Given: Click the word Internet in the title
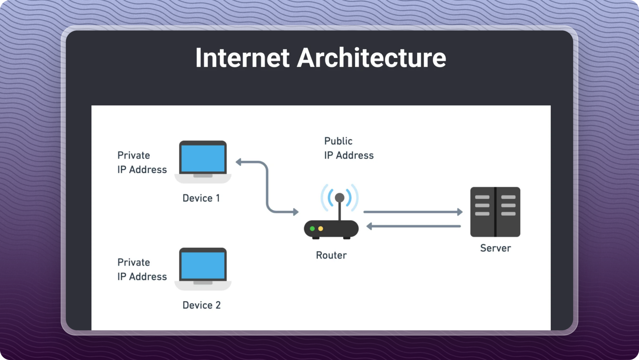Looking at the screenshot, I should [x=242, y=58].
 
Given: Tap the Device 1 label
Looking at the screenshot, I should [x=201, y=198].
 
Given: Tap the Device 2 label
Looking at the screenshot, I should [x=202, y=305].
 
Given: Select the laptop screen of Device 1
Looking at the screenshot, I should [x=203, y=159].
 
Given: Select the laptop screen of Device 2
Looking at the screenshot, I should [x=203, y=265].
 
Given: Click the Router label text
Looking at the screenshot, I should [x=331, y=255].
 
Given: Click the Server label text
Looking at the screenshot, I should [x=495, y=248].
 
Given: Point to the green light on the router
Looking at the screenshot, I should [x=312, y=229].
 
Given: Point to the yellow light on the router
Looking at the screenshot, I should [x=320, y=229].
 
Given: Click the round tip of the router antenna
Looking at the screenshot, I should [x=339, y=197].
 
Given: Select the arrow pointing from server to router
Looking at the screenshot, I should [x=413, y=226].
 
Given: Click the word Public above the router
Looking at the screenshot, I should [x=338, y=141].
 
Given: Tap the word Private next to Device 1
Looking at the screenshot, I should [x=134, y=155].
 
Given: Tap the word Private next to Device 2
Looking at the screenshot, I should [x=134, y=262].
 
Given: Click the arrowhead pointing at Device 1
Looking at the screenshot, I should [x=239, y=162].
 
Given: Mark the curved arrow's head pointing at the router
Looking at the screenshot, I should [x=295, y=212].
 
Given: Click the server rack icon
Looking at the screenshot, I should [x=495, y=212].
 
